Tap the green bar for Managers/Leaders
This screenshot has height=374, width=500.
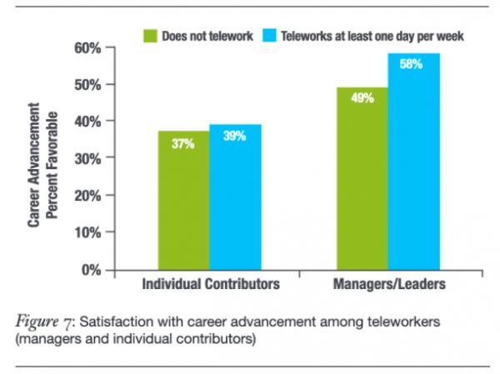[362, 178]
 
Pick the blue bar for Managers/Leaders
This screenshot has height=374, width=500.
[412, 162]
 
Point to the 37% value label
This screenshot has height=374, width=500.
[184, 144]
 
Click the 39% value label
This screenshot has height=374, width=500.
[235, 137]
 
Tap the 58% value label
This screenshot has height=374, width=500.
[412, 65]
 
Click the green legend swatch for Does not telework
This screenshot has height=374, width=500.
[151, 35]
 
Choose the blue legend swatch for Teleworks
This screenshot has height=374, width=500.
[268, 35]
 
